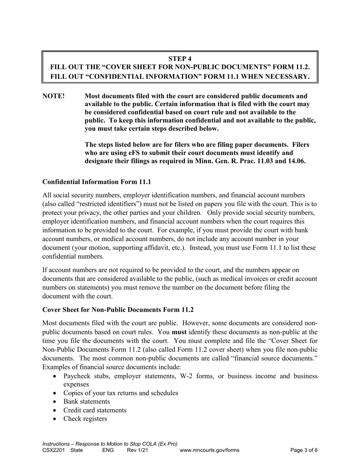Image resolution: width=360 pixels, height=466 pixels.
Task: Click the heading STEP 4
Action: tap(180, 58)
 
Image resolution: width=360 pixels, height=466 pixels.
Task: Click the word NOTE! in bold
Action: tap(53, 96)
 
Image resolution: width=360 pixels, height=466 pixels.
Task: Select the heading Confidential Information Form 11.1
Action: tap(97, 182)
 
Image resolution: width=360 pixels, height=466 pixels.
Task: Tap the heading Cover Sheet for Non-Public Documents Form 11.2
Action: tap(118, 310)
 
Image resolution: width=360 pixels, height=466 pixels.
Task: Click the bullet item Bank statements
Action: tap(86, 401)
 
